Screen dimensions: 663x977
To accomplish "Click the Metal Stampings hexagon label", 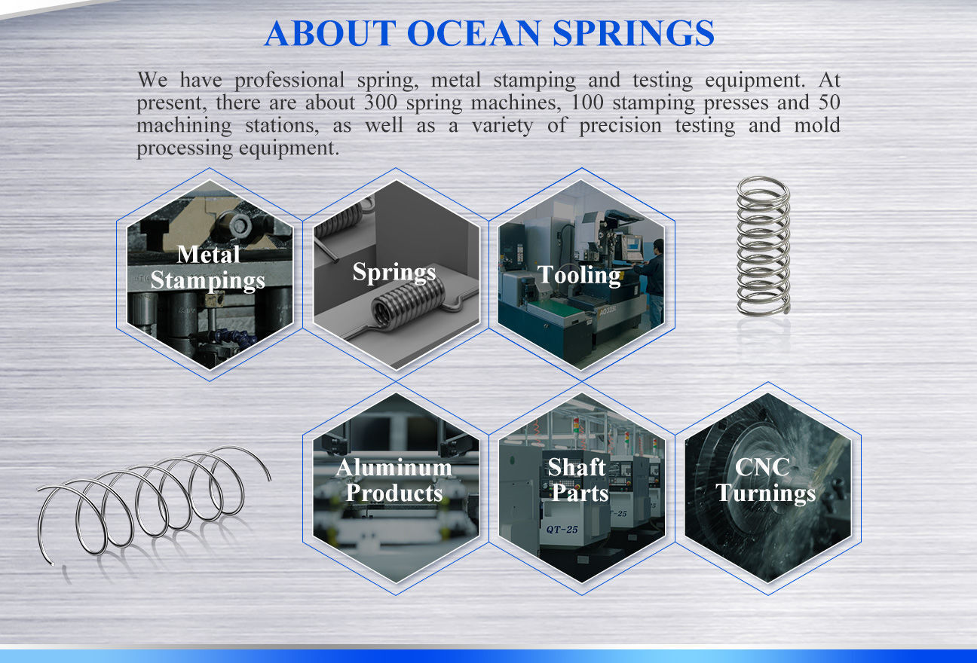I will coord(208,267).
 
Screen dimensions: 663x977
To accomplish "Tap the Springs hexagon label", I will coord(394,272).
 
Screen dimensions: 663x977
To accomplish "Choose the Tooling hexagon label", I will coord(579,274).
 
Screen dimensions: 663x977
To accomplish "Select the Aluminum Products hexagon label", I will coord(394,480).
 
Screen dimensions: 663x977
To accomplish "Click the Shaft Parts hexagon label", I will coord(578,480).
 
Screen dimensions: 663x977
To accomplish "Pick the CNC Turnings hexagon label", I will coord(765,480).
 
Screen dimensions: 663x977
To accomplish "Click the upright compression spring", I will coord(763,245).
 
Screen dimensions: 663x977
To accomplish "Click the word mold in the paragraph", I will coord(816,125).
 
